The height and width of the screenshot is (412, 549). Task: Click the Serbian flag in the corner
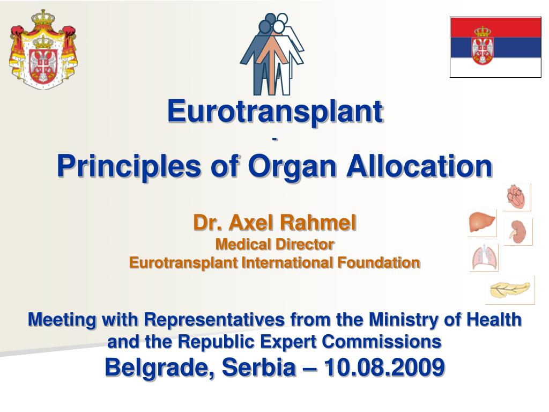[495, 47]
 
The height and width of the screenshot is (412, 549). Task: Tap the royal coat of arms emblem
[43, 49]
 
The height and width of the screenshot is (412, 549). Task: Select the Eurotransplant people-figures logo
[272, 54]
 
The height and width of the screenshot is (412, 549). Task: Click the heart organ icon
[517, 197]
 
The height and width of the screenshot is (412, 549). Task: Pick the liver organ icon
[482, 223]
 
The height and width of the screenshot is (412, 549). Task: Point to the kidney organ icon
[518, 232]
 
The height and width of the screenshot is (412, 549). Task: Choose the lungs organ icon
[484, 257]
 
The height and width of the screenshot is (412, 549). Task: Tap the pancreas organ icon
[510, 290]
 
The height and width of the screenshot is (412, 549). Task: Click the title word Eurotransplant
[275, 111]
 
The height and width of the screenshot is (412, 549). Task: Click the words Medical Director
[274, 245]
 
